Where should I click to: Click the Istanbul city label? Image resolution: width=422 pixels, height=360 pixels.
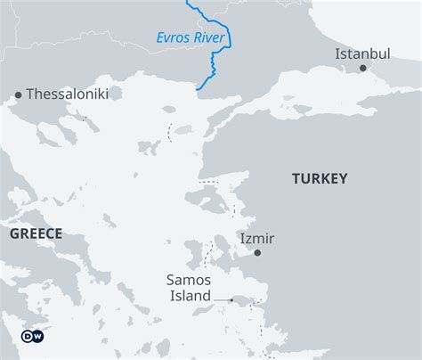362,53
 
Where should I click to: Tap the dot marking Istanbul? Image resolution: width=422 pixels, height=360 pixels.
362,68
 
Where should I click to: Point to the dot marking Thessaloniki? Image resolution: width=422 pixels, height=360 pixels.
18,94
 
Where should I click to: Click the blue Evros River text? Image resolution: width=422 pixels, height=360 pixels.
191,37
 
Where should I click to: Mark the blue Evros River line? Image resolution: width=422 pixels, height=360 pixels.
214,62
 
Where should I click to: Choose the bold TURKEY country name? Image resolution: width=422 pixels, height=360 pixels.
320,179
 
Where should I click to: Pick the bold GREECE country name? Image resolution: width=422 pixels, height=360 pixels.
37,233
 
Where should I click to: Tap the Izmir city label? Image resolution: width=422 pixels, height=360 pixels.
257,238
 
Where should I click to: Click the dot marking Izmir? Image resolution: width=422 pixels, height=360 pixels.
257,252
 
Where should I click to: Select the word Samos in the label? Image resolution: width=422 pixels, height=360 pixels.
189,280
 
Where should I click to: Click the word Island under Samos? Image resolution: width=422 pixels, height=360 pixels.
189,296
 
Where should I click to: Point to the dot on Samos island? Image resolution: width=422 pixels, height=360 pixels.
231,300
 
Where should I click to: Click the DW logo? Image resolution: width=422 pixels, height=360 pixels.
31,336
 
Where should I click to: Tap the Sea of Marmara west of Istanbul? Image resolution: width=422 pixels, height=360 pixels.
303,89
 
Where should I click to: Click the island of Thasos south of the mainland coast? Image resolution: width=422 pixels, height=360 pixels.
169,110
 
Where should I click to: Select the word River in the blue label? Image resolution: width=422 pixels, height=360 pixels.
212,37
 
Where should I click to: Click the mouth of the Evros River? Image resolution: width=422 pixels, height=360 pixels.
198,89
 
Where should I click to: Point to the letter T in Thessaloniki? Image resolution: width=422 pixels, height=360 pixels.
30,94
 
